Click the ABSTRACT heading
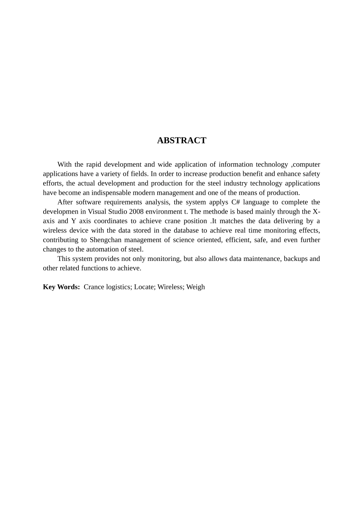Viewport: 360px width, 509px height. pyautogui.click(x=182, y=141)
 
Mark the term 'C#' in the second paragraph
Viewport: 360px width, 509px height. pyautogui.click(x=235, y=202)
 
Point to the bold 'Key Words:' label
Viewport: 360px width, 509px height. pyautogui.click(x=61, y=287)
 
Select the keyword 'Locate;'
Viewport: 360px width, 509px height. pyautogui.click(x=145, y=287)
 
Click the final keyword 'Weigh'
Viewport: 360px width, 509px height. pyautogui.click(x=196, y=287)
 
